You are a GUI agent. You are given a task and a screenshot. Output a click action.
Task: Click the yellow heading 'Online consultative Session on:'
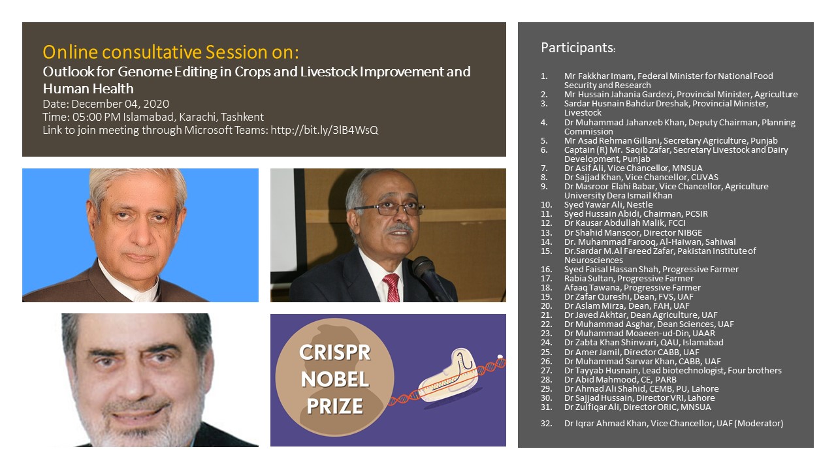[170, 52]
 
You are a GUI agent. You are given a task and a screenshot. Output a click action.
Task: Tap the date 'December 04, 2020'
[120, 104]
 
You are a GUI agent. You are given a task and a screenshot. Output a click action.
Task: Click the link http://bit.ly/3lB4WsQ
[325, 130]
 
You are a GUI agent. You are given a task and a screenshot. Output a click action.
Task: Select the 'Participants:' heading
[578, 48]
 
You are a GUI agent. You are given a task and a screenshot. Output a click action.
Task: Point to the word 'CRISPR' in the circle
[335, 352]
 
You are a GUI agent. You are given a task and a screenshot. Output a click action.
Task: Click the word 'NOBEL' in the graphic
[335, 379]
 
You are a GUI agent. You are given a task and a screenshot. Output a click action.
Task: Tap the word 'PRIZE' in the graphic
[335, 406]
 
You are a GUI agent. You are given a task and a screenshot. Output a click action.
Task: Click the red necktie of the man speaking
[391, 287]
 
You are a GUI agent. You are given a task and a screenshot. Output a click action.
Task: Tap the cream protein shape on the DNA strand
[448, 375]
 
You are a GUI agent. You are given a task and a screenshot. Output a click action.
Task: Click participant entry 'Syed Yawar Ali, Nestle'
[608, 205]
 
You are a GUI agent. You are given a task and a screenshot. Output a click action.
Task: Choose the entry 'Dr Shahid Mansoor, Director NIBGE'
[633, 233]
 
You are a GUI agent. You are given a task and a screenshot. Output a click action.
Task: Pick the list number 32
[547, 424]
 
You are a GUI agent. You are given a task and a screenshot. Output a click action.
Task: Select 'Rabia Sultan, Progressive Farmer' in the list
[628, 279]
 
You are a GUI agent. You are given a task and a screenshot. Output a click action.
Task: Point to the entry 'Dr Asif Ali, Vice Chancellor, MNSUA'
[633, 168]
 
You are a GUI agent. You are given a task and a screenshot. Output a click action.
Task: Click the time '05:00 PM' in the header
[96, 117]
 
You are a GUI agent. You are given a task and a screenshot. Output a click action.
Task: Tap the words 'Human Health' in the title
[88, 89]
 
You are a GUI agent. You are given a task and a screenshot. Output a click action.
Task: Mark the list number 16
[547, 270]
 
